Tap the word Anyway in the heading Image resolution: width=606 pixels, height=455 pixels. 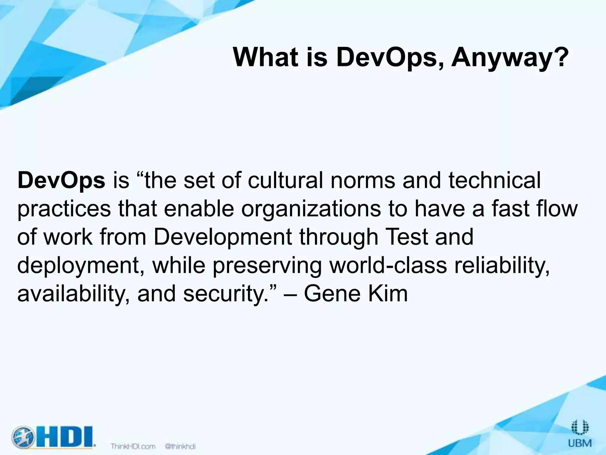point(503,58)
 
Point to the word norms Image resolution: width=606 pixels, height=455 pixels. point(362,181)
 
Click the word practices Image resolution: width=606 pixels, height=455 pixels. point(64,209)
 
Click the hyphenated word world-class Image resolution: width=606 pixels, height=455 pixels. point(388,265)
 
